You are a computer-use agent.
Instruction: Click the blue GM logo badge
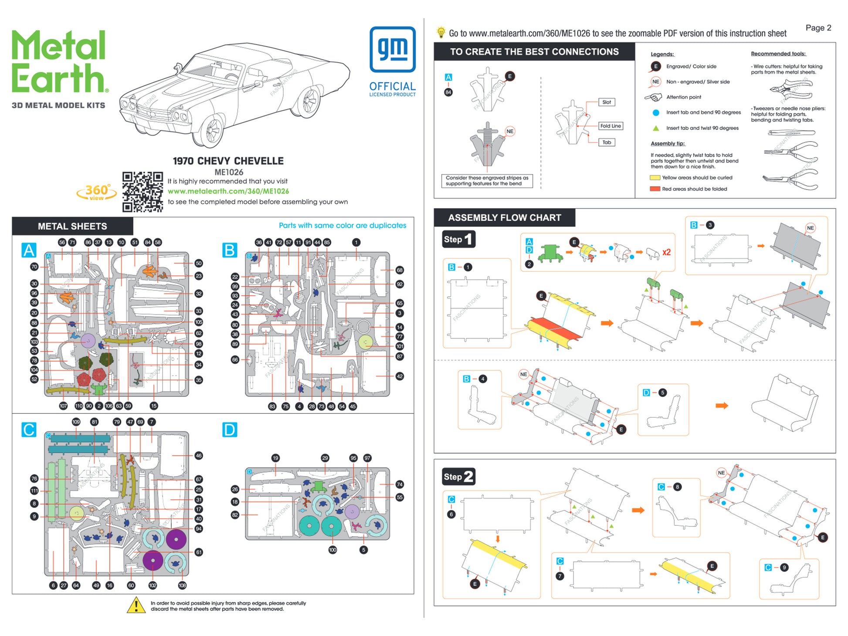pyautogui.click(x=392, y=49)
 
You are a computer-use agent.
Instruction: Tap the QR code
pyautogui.click(x=142, y=192)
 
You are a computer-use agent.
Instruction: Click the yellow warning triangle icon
pyautogui.click(x=136, y=605)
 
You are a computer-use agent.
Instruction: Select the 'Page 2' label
pyautogui.click(x=818, y=28)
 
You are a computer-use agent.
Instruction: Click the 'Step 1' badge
pyautogui.click(x=458, y=239)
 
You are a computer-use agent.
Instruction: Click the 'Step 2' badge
pyautogui.click(x=458, y=477)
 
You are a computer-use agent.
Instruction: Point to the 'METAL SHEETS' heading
pyautogui.click(x=72, y=227)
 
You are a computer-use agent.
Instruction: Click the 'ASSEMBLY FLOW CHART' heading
pyautogui.click(x=504, y=218)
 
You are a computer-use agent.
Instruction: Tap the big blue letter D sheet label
pyautogui.click(x=230, y=430)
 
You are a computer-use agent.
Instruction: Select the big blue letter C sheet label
pyautogui.click(x=29, y=430)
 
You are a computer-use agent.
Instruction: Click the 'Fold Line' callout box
pyautogui.click(x=610, y=126)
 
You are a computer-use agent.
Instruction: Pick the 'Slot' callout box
pyautogui.click(x=607, y=102)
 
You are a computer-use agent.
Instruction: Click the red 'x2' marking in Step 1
pyautogui.click(x=666, y=252)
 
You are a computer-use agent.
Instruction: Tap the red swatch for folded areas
pyautogui.click(x=655, y=189)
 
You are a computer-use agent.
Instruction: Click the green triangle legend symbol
pyautogui.click(x=655, y=128)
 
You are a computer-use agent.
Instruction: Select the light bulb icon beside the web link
pyautogui.click(x=441, y=32)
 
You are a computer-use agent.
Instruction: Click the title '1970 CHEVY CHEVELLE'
pyautogui.click(x=228, y=161)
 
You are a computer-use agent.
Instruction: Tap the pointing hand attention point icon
pyautogui.click(x=653, y=97)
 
